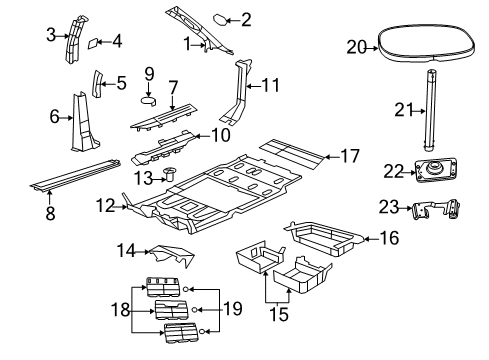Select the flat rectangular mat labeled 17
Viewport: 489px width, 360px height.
(292, 151)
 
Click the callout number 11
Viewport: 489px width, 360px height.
(269, 85)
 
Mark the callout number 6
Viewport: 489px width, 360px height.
(55, 117)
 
